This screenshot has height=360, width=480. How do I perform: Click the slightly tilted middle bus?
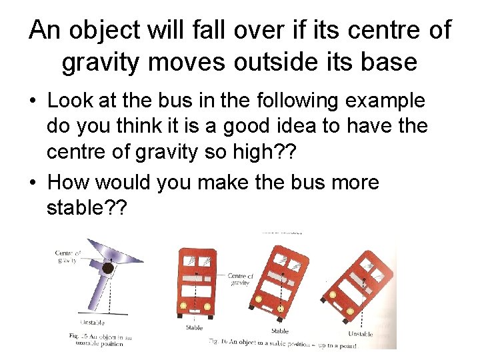click(x=281, y=280)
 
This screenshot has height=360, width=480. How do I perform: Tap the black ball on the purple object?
click(x=107, y=268)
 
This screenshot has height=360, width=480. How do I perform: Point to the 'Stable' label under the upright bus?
click(x=194, y=327)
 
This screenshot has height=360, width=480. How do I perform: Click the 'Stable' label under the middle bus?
click(x=280, y=331)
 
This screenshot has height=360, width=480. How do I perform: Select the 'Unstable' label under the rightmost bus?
click(x=360, y=334)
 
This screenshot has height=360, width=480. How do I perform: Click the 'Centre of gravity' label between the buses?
click(x=240, y=279)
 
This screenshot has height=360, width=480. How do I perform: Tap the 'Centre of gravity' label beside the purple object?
click(x=69, y=257)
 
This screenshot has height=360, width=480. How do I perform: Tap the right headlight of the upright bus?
click(x=207, y=307)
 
